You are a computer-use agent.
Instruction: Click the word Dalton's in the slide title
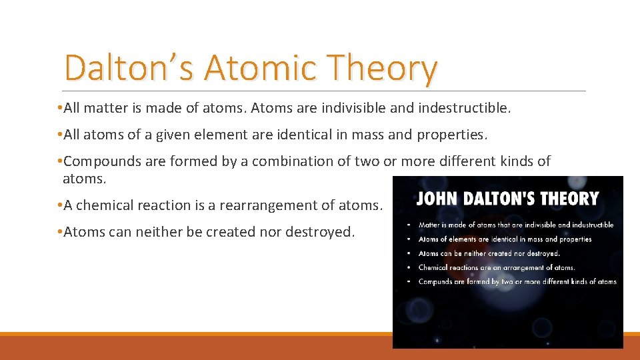[x=129, y=68]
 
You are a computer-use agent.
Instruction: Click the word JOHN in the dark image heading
[x=437, y=199]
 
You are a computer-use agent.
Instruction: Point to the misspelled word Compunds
[x=435, y=282]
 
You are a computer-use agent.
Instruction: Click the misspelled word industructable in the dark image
[x=589, y=225]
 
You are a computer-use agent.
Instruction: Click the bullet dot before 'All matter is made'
[x=60, y=109]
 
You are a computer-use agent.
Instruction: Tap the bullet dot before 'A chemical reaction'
[x=60, y=205]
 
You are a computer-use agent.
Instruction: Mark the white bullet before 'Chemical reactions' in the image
[x=408, y=268]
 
